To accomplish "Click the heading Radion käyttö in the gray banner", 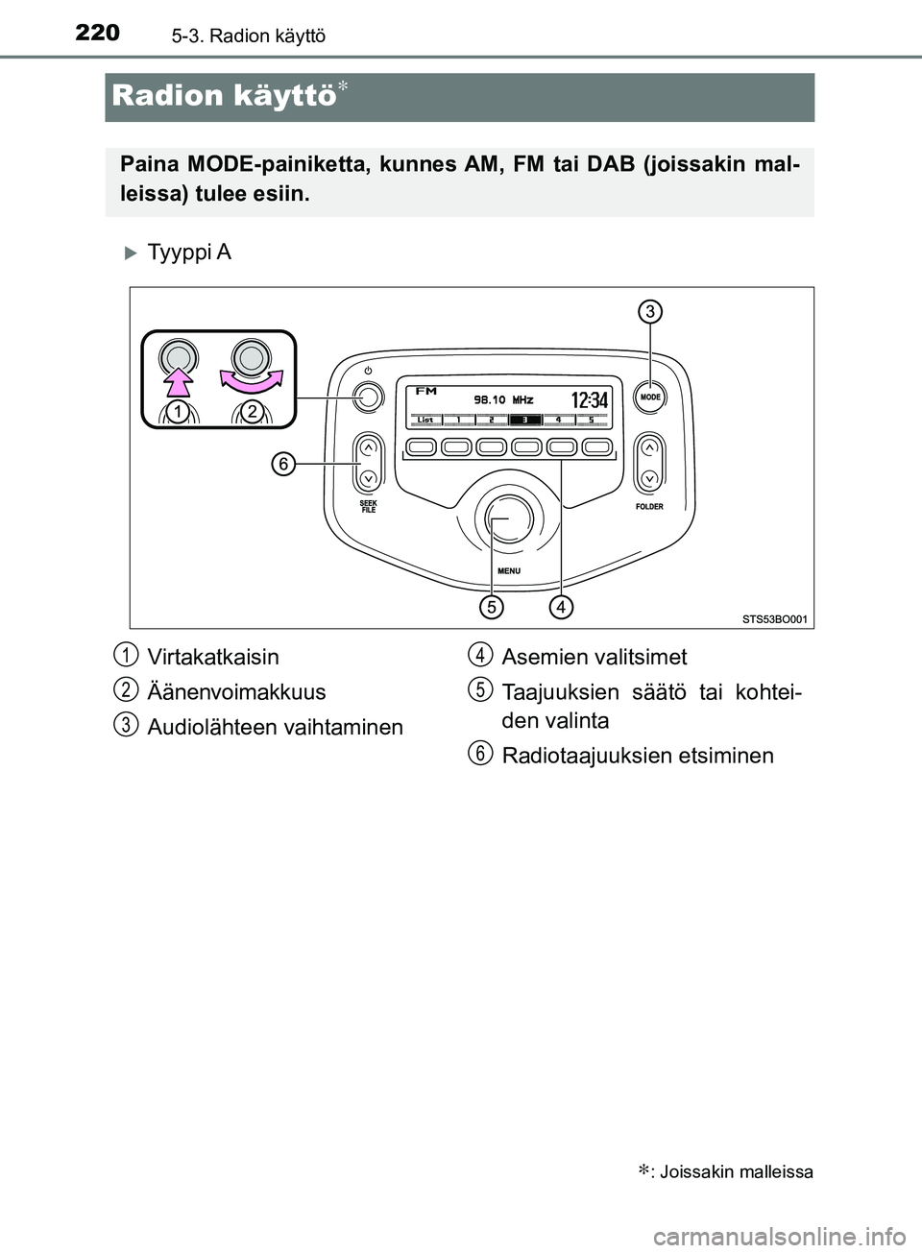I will coord(224,96).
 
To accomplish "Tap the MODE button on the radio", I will coord(649,397).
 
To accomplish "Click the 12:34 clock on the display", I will coord(589,398).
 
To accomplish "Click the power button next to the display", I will coord(366,397).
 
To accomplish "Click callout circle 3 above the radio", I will coord(650,311).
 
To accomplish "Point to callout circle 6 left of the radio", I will coord(281,465).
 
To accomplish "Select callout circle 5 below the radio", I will coord(491,607).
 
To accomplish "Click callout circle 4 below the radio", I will coord(561,607).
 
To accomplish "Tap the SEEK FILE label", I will coord(368,507).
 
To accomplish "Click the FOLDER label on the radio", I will coord(649,506).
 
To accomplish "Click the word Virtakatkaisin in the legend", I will coord(213,657).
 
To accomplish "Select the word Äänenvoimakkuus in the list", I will coord(236,691).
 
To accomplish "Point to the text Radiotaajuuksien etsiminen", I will coord(637,756).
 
